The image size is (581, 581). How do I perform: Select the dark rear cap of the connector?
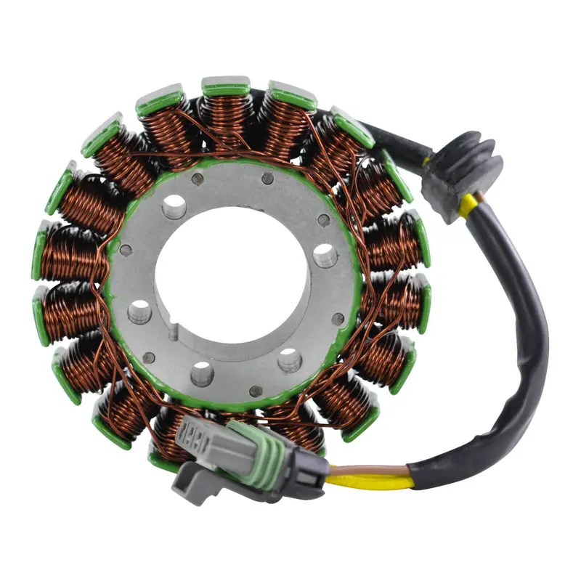309,476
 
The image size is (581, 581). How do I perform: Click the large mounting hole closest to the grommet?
325,255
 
